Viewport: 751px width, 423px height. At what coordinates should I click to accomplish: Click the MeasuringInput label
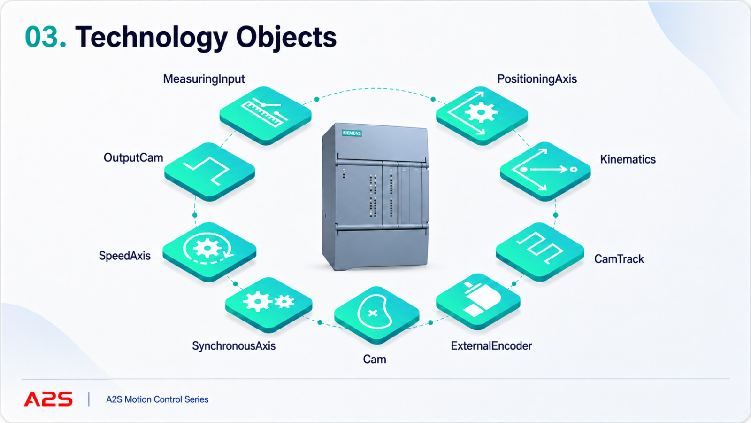204,79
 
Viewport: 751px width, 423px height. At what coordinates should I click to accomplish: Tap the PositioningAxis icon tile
482,116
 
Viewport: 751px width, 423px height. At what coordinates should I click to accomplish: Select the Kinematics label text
628,159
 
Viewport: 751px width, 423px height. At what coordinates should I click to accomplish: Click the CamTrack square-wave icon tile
540,252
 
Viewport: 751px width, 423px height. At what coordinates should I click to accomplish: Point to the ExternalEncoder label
491,346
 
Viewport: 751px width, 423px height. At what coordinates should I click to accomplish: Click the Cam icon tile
376,315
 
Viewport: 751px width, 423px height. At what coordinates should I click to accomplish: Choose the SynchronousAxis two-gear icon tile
268,305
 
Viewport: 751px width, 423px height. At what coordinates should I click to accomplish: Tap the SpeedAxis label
124,256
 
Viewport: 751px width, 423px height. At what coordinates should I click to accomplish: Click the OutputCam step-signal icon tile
209,172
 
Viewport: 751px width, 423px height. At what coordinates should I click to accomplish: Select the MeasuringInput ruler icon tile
265,116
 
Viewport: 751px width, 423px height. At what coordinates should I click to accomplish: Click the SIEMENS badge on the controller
352,133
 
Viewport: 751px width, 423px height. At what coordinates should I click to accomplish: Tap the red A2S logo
48,399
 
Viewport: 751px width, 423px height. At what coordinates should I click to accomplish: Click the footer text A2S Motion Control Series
157,399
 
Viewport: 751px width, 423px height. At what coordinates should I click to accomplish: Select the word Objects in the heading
286,38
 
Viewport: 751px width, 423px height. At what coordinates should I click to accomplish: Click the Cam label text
375,360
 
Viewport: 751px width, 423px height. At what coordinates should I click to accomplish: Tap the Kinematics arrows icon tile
545,171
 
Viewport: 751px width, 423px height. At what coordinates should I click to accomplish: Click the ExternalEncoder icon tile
478,301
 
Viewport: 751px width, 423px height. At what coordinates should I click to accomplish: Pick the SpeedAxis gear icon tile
209,251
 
